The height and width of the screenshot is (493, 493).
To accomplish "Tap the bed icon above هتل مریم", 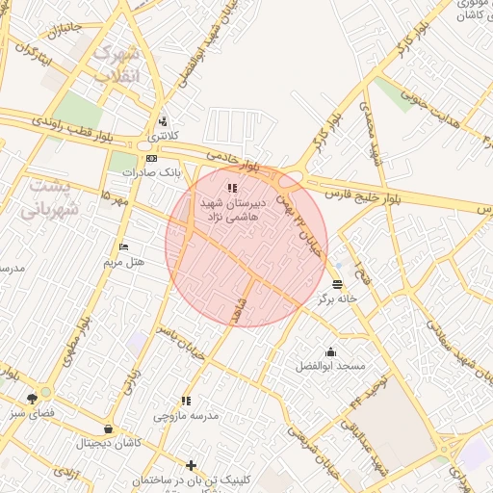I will pos(122,247).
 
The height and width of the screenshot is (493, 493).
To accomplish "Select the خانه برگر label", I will pos(338,298).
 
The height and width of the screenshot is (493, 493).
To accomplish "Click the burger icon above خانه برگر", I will pos(337,284).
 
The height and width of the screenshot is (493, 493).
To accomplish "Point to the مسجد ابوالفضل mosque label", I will pos(330,367).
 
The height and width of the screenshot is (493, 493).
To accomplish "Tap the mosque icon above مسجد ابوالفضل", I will pos(331,351).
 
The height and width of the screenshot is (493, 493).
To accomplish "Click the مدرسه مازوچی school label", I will pos(187,416).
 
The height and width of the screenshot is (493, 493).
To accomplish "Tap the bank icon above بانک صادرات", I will pos(151,158).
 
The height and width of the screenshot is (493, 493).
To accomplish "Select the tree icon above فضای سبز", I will pos(34,398).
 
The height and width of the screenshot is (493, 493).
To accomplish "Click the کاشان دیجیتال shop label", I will pos(107,444).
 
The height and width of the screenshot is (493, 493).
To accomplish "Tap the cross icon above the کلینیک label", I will pos(191,465).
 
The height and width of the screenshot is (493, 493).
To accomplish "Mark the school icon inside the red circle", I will pos(230,187).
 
